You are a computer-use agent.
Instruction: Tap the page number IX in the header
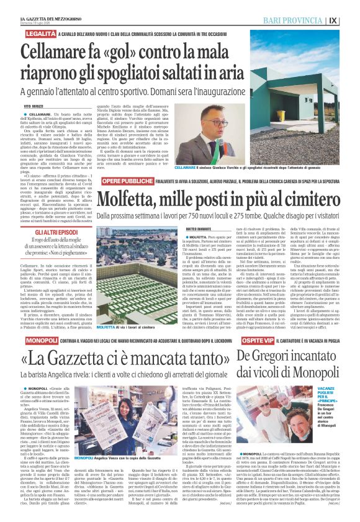tap(350, 19)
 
